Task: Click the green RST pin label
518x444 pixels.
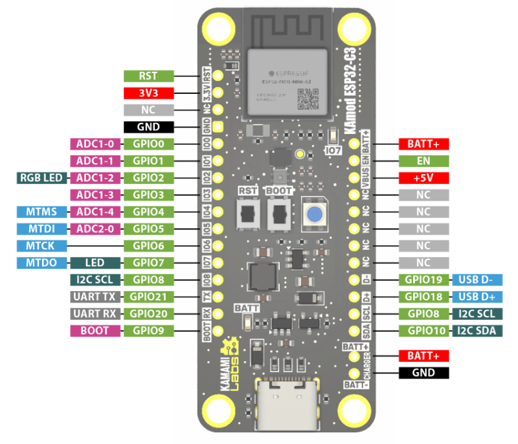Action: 148,76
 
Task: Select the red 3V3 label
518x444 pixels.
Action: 148,93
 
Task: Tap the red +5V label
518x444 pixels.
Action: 423,178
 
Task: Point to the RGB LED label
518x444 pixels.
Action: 40,178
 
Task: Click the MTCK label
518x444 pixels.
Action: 41,246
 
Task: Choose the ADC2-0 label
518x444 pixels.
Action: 95,228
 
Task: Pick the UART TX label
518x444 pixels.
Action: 95,297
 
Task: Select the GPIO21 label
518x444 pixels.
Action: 148,297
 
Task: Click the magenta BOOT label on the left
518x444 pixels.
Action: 95,331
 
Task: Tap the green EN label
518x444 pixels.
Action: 423,161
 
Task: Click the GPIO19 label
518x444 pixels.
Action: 423,280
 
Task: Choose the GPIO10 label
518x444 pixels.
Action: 423,331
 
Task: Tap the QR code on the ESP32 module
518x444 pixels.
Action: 308,98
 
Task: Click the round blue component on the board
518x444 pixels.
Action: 313,214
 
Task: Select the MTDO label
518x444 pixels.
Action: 41,263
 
